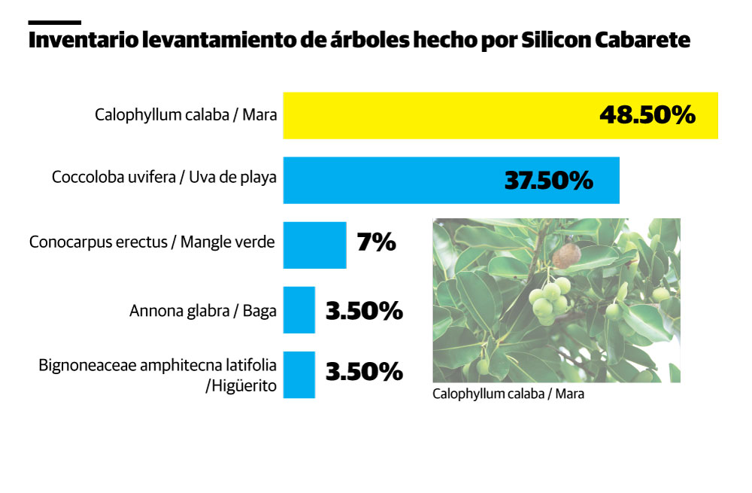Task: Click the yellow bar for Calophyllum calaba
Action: point(436,115)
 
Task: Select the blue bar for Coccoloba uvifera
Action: point(391,180)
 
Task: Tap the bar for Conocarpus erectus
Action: point(314,245)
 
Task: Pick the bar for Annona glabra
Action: point(299,309)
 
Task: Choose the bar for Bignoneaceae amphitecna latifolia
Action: point(299,373)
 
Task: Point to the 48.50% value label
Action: point(647,115)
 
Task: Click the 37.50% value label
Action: point(548,181)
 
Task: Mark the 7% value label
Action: point(376,242)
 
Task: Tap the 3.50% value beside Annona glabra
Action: point(364,310)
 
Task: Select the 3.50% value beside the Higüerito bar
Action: point(364,371)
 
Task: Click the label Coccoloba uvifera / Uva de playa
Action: point(164,178)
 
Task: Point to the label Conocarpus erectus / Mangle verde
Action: point(152,242)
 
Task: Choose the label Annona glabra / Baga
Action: point(203,309)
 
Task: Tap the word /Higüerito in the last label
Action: point(241,387)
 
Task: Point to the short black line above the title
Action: point(54,23)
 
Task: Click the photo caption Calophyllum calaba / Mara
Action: point(508,394)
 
